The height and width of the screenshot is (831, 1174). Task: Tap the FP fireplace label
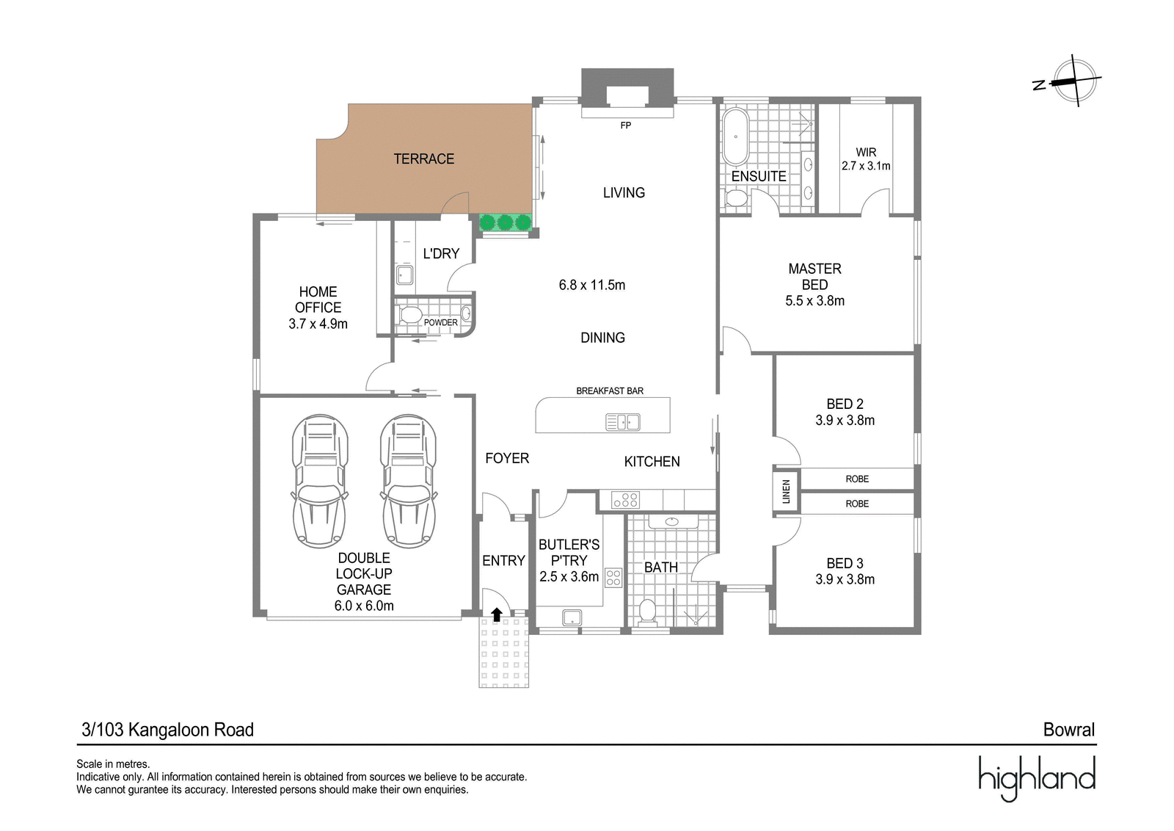click(625, 126)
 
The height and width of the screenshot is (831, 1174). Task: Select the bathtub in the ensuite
click(735, 137)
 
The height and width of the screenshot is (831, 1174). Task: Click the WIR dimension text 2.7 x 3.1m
click(866, 166)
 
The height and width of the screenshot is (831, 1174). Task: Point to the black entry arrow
click(496, 614)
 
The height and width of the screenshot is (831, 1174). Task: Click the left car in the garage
click(320, 480)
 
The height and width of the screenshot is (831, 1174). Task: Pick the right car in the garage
click(408, 480)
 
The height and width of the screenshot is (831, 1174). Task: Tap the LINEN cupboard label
click(786, 491)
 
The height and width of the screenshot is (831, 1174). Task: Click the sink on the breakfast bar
click(623, 422)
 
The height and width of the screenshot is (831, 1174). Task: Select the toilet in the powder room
click(410, 315)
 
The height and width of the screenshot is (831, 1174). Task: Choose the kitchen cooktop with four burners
click(625, 500)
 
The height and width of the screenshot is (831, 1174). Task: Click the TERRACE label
click(423, 159)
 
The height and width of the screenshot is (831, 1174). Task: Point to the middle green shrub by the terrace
click(505, 223)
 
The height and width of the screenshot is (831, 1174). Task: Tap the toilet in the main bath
click(648, 612)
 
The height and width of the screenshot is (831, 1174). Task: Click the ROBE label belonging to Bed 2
click(857, 479)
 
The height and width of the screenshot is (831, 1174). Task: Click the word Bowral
click(1068, 730)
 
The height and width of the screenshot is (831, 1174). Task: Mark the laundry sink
click(404, 275)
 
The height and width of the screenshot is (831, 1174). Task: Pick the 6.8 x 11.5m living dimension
click(591, 285)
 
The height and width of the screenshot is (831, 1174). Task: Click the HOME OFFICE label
click(318, 300)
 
